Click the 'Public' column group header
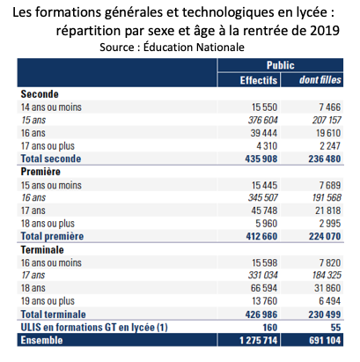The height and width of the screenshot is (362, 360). click(280, 65)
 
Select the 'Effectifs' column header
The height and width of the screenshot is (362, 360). click(259, 80)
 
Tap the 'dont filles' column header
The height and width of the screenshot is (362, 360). click(320, 80)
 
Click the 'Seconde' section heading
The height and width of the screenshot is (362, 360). click(40, 94)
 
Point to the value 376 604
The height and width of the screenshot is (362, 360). click(262, 120)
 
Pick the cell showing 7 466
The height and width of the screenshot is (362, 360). click(330, 107)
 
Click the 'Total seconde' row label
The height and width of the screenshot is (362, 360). click(51, 159)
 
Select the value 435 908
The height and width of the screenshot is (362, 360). click(261, 159)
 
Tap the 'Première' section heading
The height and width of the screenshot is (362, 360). click(40, 172)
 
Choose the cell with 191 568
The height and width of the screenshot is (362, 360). click(327, 197)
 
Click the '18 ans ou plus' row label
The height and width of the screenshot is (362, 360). click(48, 224)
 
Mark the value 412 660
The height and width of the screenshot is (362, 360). click(261, 236)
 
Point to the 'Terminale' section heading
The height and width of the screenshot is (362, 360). click(42, 250)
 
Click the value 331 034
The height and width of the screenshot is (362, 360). click(262, 275)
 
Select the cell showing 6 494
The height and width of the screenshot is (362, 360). click(330, 301)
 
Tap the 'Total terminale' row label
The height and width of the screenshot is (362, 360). click(53, 314)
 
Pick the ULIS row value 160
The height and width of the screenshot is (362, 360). click(269, 328)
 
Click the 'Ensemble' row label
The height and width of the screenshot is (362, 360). click(41, 340)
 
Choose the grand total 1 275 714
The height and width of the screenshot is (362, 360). click(258, 340)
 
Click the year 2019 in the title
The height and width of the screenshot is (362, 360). click(325, 31)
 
